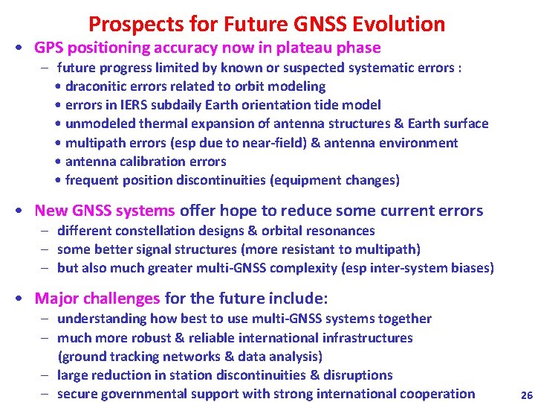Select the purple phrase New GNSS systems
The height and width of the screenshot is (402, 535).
pyautogui.click(x=105, y=211)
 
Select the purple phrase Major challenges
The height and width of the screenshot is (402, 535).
pyautogui.click(x=97, y=299)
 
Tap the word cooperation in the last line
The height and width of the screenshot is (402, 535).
pyautogui.click(x=438, y=394)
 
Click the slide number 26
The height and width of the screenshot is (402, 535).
pyautogui.click(x=526, y=395)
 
